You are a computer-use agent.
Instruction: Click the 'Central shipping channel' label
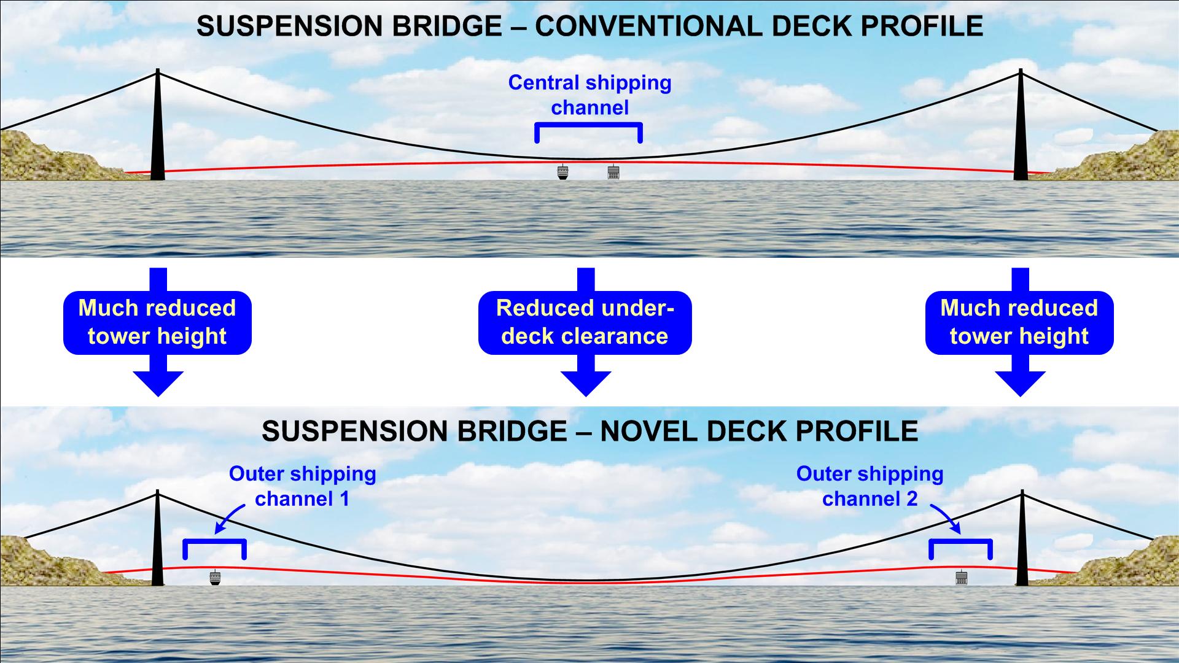point(589,95)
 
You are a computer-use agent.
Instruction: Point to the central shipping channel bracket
point(589,125)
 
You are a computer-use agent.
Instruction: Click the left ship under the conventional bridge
point(562,172)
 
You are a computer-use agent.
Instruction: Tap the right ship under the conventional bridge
point(613,172)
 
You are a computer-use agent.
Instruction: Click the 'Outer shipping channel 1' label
point(302,486)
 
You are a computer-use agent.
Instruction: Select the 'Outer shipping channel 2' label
point(870,486)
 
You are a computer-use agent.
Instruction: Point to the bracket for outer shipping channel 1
point(215,541)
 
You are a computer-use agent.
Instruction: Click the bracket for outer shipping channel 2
point(960,541)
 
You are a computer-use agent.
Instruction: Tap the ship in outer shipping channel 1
point(214,578)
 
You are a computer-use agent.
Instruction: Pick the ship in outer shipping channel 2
point(961,578)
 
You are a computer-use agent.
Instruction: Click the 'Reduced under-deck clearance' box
point(585,322)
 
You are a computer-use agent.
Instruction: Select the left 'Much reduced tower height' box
point(157,322)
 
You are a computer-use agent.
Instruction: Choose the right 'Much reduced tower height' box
point(1019,322)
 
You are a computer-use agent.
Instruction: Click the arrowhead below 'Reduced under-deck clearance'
point(586,383)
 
